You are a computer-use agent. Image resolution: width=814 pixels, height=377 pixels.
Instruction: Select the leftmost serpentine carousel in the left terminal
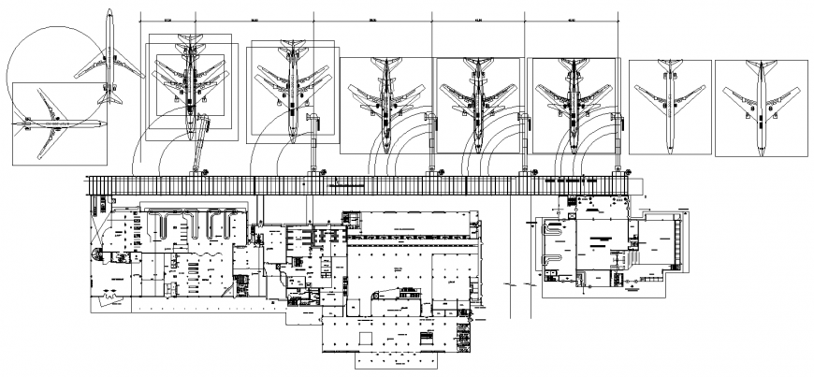(166, 225)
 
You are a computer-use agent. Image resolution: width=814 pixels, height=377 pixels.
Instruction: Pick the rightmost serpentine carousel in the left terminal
(224, 225)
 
